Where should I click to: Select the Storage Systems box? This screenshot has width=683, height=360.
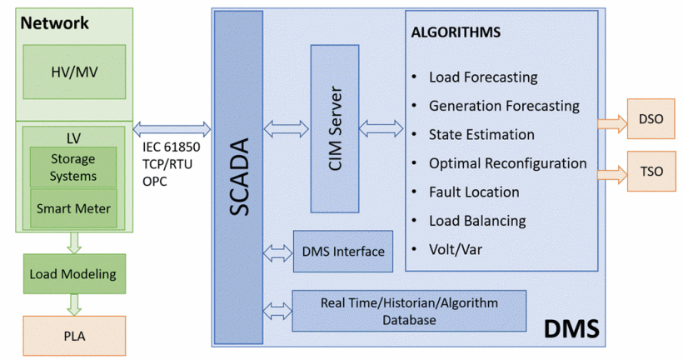tap(74, 167)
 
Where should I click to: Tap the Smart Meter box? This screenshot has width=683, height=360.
tap(74, 208)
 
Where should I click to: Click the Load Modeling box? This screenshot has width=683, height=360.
tap(74, 273)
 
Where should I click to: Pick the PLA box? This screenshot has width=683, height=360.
tap(74, 337)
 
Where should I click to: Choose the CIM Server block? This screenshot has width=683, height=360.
tap(335, 128)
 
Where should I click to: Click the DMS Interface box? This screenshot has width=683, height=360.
tap(342, 251)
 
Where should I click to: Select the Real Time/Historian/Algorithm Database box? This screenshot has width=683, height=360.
tap(408, 312)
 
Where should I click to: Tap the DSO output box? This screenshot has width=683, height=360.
tap(651, 118)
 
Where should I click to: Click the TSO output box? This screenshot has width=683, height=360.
tap(651, 172)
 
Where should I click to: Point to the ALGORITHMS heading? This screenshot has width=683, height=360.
tap(456, 33)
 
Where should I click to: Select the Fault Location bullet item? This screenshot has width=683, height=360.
tap(474, 192)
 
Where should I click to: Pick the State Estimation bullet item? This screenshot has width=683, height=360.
tap(481, 134)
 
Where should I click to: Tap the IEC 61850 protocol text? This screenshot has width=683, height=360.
tap(167, 148)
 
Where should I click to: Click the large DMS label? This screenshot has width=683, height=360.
tap(571, 329)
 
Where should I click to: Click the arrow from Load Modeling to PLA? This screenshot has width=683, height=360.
tap(74, 303)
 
